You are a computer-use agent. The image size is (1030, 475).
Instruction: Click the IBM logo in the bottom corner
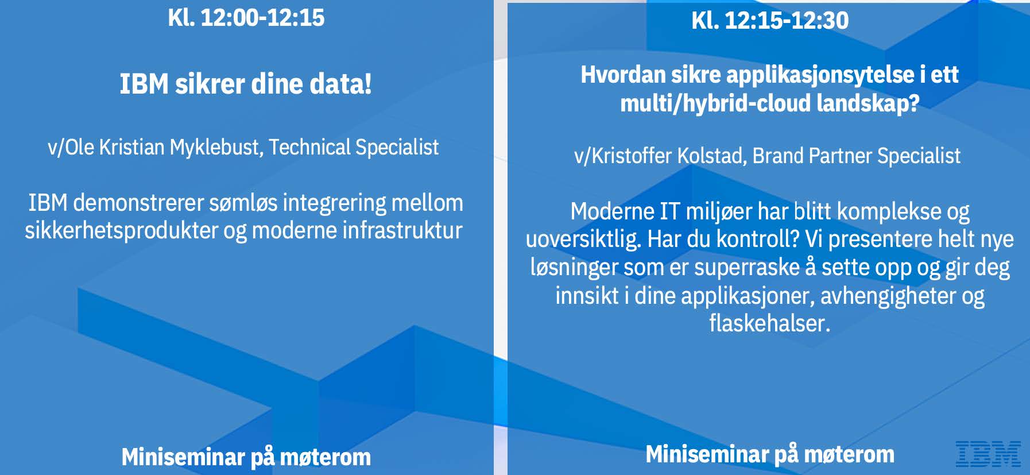click(988, 454)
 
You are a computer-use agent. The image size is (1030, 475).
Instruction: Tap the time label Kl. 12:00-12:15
click(246, 18)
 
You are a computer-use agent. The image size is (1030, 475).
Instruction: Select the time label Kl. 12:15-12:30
click(770, 21)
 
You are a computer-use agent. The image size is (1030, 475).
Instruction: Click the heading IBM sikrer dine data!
click(246, 84)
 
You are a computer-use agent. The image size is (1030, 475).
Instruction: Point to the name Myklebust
click(216, 148)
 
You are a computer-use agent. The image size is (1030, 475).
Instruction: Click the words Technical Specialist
click(354, 147)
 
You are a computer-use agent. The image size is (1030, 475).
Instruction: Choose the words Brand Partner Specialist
click(857, 156)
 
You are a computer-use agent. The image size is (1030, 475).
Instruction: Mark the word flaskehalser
click(770, 323)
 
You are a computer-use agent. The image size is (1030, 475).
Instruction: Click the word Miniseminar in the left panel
click(183, 457)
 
